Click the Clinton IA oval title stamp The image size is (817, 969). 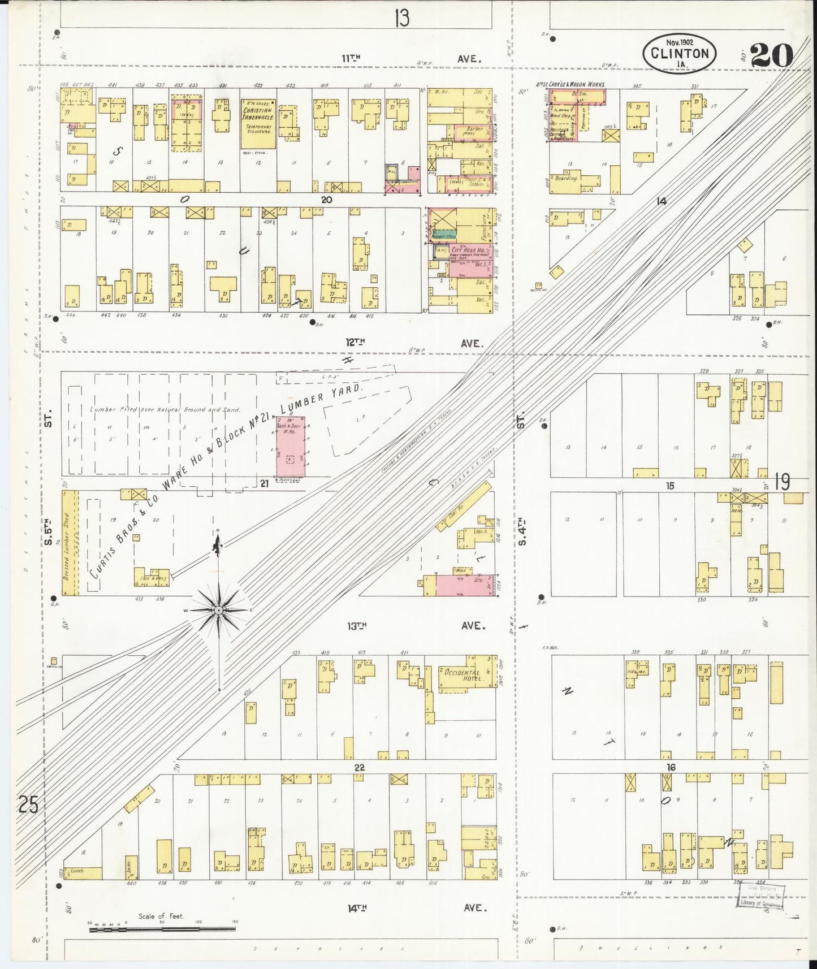[x=680, y=54]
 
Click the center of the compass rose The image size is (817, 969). [x=218, y=611]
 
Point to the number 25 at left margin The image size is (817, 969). [x=28, y=804]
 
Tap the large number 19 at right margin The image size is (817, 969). [x=783, y=482]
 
